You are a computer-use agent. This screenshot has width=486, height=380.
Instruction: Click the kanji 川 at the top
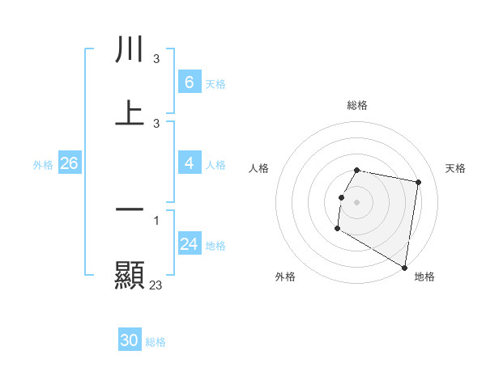pos(130,49)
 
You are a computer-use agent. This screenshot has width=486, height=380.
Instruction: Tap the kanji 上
pos(130,113)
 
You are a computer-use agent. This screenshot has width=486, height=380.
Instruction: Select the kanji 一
pos(130,209)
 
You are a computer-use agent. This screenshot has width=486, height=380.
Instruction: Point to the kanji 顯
pos(130,275)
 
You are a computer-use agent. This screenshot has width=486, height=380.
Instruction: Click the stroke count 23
pos(156,285)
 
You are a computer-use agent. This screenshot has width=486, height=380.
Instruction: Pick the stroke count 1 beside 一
pos(156,221)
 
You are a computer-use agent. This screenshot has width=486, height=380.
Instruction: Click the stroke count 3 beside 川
pos(156,59)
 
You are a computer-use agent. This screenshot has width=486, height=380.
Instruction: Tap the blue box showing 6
pos(189,82)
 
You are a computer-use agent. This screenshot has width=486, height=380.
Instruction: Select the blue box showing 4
pos(189,163)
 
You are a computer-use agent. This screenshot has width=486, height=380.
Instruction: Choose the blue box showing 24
pos(189,244)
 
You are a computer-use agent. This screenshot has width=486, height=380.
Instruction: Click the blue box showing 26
pos(69,163)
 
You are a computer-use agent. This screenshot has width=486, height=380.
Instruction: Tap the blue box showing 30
pos(130,340)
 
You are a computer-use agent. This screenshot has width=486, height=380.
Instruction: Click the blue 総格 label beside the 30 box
pos(156,342)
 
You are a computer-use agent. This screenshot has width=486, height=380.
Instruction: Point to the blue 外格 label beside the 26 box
pos(43,165)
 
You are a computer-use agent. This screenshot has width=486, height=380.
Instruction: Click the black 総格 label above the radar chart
pos(357,105)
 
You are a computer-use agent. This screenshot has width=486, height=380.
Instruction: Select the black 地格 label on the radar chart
pos(424,277)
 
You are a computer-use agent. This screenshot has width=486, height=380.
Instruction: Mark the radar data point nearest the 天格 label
pos(418,183)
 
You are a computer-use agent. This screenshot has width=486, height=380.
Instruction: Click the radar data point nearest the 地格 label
pos(404,267)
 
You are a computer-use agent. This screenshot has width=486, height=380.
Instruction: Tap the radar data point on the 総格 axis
pos(357,171)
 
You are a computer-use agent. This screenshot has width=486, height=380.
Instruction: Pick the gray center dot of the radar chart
pos(357,201)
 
